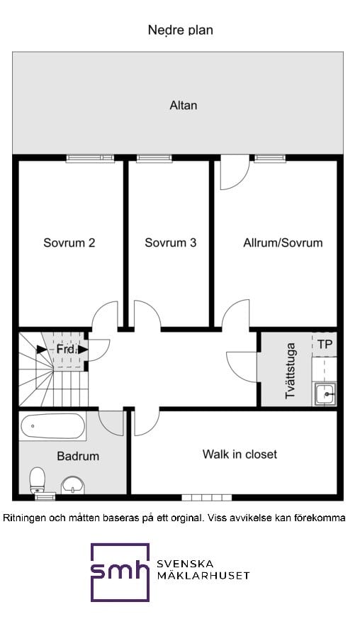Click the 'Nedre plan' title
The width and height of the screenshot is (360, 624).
pyautogui.click(x=180, y=30)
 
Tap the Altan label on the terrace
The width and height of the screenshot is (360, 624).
pyautogui.click(x=183, y=106)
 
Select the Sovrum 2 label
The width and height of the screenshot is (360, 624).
pyautogui.click(x=69, y=243)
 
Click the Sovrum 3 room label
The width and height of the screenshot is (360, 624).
pyautogui.click(x=170, y=243)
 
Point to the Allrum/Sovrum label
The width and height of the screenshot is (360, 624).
pyautogui.click(x=282, y=243)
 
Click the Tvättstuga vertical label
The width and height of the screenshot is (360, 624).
pyautogui.click(x=291, y=370)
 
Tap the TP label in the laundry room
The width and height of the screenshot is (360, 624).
pyautogui.click(x=325, y=344)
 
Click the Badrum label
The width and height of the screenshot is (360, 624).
pyautogui.click(x=78, y=456)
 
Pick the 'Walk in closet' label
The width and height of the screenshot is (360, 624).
pyautogui.click(x=240, y=454)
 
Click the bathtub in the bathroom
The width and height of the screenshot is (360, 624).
pyautogui.click(x=52, y=427)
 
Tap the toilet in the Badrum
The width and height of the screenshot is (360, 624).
pyautogui.click(x=38, y=480)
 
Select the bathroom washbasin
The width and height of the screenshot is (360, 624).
pyautogui.click(x=72, y=485)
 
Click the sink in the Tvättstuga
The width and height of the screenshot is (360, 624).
pyautogui.click(x=325, y=393)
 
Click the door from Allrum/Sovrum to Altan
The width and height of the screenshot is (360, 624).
pyautogui.click(x=234, y=173)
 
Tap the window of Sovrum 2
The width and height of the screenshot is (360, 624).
pyautogui.click(x=90, y=158)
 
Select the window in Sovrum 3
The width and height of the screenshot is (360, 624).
pyautogui.click(x=154, y=158)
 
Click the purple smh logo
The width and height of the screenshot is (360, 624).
pyautogui.click(x=119, y=572)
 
